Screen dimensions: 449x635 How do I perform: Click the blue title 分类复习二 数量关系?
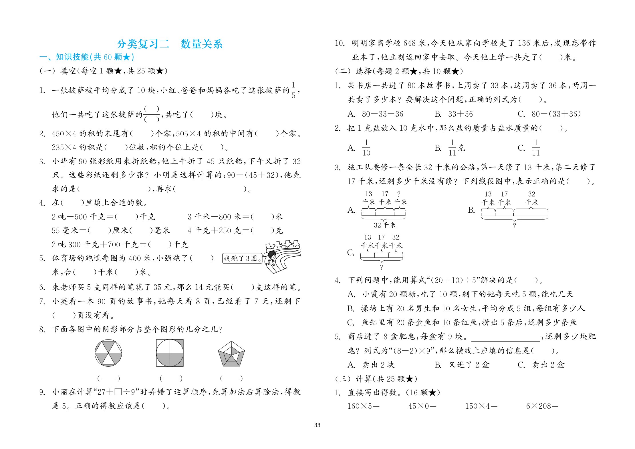point(170,44)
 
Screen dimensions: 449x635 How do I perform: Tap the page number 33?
point(317,425)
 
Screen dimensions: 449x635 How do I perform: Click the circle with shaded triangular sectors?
point(108,353)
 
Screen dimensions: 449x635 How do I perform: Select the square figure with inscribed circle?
point(170,353)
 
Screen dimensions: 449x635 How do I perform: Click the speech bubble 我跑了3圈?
point(242,258)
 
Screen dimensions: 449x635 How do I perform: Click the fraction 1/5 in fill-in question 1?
point(293,90)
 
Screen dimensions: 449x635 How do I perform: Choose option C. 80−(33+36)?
point(549,114)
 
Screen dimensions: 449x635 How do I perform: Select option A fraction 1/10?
point(366,148)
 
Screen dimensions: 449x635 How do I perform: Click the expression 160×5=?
point(363,406)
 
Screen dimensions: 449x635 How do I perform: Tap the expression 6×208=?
point(542,406)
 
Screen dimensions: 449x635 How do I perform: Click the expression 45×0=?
point(422,406)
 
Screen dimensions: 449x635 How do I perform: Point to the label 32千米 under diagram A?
point(385,225)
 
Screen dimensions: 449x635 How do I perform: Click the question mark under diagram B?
point(515,226)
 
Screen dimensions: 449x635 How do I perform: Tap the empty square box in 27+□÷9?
point(118,392)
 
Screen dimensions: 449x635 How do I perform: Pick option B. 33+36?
point(454,114)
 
